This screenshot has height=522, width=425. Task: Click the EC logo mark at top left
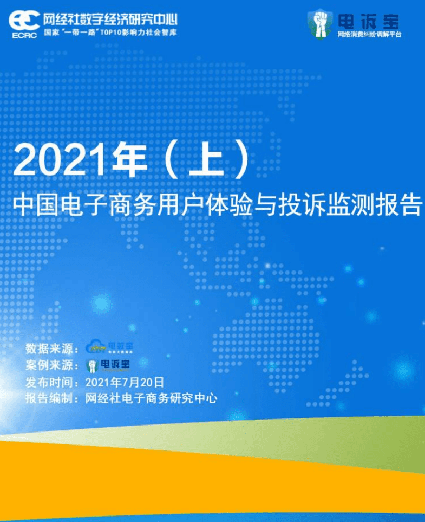coord(24,21)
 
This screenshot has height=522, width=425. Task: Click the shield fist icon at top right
coord(320,23)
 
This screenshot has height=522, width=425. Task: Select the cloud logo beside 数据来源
coord(97,347)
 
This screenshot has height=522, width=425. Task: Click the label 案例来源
coord(50,365)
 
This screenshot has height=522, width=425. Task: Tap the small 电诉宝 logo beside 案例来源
coord(108,364)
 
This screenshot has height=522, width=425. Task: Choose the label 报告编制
coord(50,398)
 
